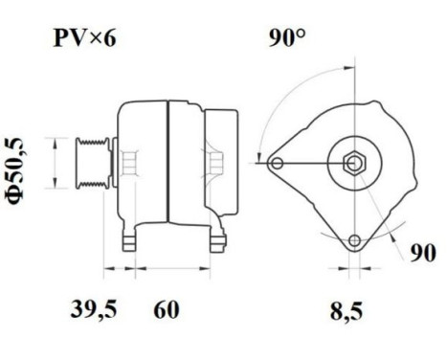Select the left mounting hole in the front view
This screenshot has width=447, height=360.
pyautogui.click(x=278, y=164)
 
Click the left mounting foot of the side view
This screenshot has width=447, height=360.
pyautogui.click(x=130, y=239)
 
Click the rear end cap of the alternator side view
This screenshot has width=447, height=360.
pyautogui.click(x=223, y=158)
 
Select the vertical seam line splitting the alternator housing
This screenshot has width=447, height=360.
pyautogui.click(x=168, y=163)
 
